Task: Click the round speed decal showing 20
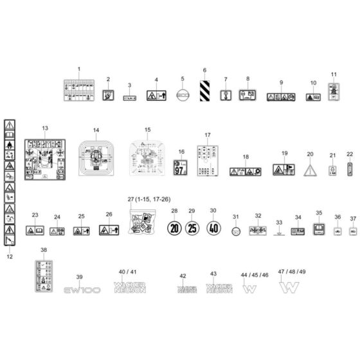point(174,228)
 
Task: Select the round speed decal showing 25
point(192,228)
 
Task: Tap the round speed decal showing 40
point(213,228)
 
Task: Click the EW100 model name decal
point(82,291)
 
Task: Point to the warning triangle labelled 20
point(310,170)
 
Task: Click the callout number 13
point(44,129)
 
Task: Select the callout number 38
point(44,249)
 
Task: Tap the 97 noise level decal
point(181,168)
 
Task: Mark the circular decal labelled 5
point(183,94)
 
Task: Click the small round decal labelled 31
point(236,231)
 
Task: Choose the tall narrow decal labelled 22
point(349,168)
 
